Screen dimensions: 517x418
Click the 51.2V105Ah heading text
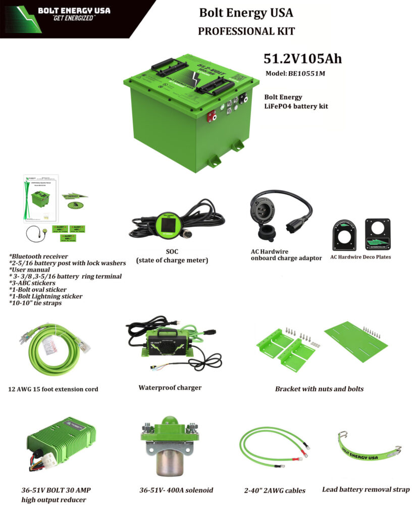[302, 59]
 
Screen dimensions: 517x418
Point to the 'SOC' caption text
[172, 251]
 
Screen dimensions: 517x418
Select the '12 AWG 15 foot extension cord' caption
[54, 389]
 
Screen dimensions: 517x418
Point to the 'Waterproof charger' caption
[170, 388]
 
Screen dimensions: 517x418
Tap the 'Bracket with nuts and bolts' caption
[319, 389]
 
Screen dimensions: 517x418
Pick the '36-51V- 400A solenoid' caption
[176, 490]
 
